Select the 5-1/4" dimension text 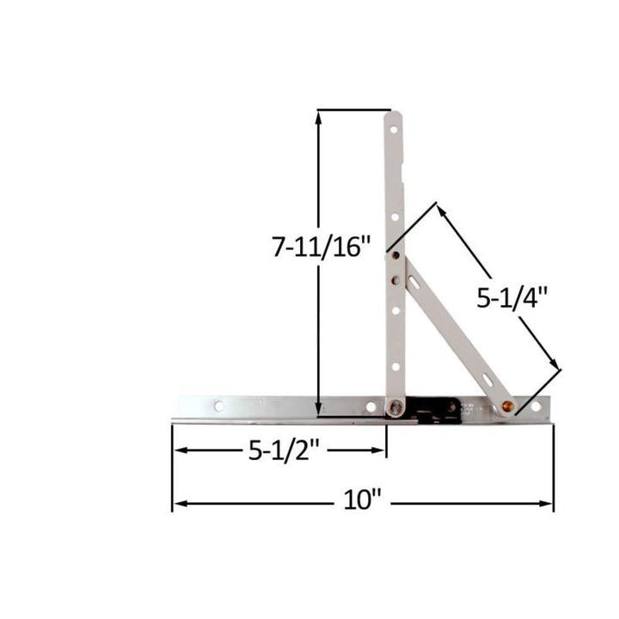pos(513,297)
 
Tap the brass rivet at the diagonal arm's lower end pos(507,405)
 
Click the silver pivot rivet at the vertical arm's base pos(395,408)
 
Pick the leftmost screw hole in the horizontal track pos(219,405)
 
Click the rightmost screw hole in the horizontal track pos(536,406)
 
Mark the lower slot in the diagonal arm pos(487,376)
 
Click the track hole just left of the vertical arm pos(371,406)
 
